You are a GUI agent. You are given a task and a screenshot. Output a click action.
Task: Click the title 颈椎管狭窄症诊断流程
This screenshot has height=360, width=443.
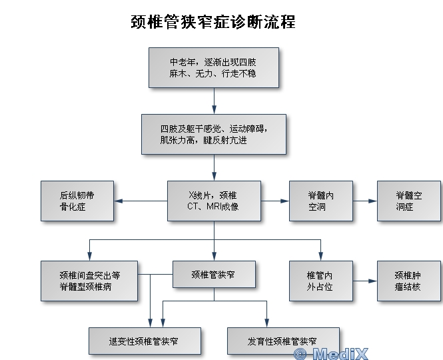[213, 22]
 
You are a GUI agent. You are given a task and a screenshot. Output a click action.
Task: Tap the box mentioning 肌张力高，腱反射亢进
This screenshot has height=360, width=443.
[213, 133]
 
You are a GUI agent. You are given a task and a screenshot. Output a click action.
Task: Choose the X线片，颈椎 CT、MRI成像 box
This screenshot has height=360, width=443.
[213, 201]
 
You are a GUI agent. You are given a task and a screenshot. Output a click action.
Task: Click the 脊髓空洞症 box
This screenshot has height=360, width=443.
[408, 201]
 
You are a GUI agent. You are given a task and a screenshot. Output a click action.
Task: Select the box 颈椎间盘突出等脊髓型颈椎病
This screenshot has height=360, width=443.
[89, 280]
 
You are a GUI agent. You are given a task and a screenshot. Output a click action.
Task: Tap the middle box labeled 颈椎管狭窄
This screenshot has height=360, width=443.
[213, 274]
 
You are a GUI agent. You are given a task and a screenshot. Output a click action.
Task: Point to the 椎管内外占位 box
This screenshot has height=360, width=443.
[320, 280]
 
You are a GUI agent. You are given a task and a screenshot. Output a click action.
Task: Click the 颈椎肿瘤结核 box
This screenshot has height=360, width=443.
[408, 280]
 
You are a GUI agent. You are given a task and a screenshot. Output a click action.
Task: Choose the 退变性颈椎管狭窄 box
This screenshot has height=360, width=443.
[145, 341]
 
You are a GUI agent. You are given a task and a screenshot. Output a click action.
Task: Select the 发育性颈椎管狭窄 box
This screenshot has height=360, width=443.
[282, 341]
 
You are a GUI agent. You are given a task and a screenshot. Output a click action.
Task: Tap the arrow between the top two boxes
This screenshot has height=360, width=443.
[214, 100]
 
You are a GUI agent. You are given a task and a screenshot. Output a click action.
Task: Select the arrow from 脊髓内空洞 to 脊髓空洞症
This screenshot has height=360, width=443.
[365, 201]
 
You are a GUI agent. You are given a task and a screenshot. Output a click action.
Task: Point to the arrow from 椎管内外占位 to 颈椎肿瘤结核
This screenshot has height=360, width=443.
[365, 281]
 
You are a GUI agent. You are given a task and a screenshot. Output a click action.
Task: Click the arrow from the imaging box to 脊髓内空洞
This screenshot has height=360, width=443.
[274, 201]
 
